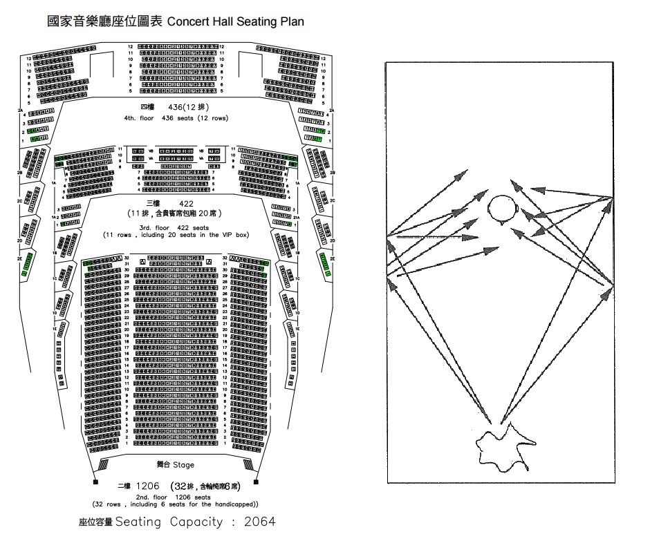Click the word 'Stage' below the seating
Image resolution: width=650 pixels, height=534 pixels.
(x=184, y=465)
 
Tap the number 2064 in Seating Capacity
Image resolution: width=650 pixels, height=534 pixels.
(x=259, y=522)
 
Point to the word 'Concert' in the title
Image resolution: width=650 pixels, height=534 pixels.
(x=187, y=21)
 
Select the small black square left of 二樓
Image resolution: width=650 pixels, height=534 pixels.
(x=95, y=481)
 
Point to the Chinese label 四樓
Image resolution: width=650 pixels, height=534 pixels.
(x=147, y=108)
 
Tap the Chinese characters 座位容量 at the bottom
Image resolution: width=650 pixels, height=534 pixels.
(x=95, y=522)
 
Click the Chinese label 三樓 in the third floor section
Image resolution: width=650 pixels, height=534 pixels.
(x=154, y=203)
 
